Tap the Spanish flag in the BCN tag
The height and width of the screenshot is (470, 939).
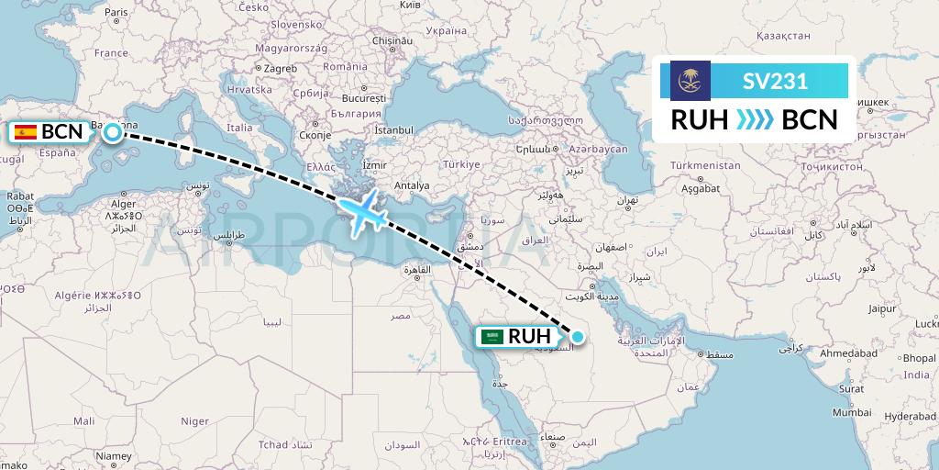26,131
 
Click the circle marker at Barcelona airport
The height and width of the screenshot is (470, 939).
112,132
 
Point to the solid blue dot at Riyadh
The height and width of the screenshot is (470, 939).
578,337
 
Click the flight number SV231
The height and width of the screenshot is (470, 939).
775,81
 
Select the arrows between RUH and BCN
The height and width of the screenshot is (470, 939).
755,119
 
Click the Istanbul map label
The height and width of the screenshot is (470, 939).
394,130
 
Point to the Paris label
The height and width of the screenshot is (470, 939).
116,13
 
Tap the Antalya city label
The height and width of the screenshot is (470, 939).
411,185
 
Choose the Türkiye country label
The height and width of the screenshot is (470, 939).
461,164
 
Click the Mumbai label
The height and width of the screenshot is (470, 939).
853,413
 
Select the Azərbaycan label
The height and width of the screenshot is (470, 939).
597,149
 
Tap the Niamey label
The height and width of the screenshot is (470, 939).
115,455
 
